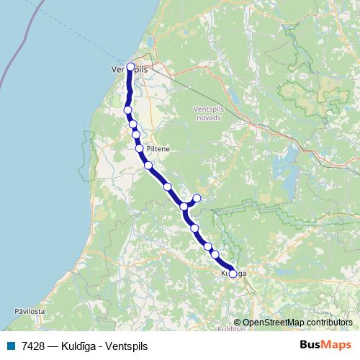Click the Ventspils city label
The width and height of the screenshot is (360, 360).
click(130, 68)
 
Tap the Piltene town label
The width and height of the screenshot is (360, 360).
click(157, 149)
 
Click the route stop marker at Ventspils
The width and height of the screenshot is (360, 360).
click(130, 68)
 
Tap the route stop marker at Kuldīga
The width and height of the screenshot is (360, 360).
click(233, 274)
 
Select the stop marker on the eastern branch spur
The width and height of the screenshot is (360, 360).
click(197, 198)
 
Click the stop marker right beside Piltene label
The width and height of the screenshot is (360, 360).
click(139, 148)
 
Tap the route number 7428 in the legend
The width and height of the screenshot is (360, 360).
click(31, 346)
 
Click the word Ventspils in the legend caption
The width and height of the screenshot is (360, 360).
click(126, 346)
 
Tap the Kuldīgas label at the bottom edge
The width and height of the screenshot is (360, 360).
click(232, 329)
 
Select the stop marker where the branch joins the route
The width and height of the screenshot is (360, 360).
click(184, 207)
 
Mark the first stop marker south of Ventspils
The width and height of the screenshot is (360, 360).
click(127, 110)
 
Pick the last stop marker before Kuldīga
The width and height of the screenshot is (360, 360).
click(215, 255)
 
